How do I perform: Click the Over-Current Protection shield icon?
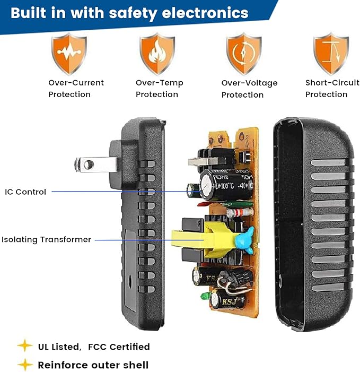tap(69, 54)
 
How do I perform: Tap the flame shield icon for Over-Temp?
tap(157, 54)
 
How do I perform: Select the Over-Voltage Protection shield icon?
tap(244, 54)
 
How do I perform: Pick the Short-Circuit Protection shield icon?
tap(331, 54)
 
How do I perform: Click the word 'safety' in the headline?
tap(133, 13)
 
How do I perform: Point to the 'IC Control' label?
tap(25, 192)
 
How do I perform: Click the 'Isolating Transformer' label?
tap(46, 239)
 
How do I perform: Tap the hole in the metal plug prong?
tap(89, 164)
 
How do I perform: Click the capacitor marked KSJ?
tap(227, 300)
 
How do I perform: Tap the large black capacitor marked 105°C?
tap(226, 185)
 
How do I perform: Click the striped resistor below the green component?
tap(239, 212)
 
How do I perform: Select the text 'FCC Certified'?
tap(119, 347)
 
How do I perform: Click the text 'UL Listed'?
tap(59, 347)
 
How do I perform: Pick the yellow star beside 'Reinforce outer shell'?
tap(25, 364)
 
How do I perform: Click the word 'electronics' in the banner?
tap(205, 13)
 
